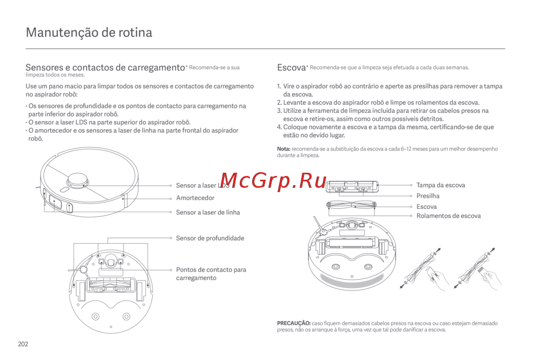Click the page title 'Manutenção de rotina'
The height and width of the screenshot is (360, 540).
[89, 32]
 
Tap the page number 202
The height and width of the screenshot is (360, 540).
[23, 344]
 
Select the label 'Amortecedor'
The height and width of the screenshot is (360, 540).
[195, 198]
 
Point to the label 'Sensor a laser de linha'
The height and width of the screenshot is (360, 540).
[208, 212]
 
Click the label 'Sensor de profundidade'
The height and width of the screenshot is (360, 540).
[210, 238]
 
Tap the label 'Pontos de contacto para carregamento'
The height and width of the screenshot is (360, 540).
[211, 274]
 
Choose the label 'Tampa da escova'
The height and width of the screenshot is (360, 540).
[441, 185]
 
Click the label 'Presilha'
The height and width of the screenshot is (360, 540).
[428, 196]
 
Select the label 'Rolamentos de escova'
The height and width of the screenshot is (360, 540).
[448, 216]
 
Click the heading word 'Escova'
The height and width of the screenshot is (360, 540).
[292, 67]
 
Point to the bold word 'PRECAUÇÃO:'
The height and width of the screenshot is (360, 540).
[294, 323]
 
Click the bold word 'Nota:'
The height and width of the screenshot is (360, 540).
[284, 148]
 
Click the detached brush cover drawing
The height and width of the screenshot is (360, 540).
[352, 186]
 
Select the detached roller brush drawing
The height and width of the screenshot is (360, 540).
[352, 206]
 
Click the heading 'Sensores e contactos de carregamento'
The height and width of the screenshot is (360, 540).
[105, 67]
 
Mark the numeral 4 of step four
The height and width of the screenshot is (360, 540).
[279, 127]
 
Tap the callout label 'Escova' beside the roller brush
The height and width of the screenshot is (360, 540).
[427, 207]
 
